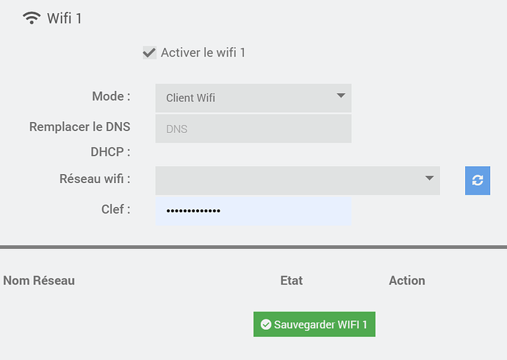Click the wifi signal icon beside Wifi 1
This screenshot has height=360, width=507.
(32, 18)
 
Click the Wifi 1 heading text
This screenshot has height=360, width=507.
(65, 18)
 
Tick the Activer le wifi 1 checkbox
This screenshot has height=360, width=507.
(149, 53)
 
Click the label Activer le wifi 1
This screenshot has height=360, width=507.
(203, 53)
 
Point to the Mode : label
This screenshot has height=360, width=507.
(111, 96)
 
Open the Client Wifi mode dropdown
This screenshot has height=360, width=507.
(253, 98)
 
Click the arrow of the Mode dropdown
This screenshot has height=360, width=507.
(341, 96)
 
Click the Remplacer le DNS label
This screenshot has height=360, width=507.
(79, 126)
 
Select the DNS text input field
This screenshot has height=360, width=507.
(253, 129)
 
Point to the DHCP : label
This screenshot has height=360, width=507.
(110, 152)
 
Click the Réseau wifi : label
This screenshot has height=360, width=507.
(95, 179)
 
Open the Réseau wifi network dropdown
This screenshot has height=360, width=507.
(298, 181)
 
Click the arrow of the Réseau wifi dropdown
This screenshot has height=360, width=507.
(429, 178)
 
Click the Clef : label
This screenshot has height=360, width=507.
(116, 209)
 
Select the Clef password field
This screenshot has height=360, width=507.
(253, 211)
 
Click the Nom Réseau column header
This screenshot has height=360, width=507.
(39, 281)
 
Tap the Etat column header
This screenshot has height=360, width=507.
(291, 281)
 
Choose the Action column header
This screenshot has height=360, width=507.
(407, 281)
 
